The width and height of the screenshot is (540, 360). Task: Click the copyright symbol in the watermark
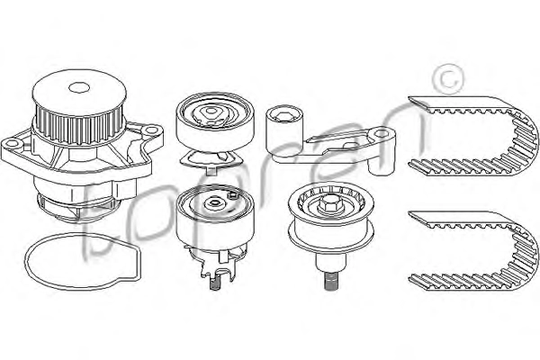(x=447, y=78)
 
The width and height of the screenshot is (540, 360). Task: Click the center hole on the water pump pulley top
(x=79, y=87)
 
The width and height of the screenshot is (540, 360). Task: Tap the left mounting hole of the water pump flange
(x=12, y=144)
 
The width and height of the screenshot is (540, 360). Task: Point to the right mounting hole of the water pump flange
(x=150, y=130)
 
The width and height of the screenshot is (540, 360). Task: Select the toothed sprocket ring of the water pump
(x=79, y=122)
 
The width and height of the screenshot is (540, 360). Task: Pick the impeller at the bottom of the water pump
(x=78, y=209)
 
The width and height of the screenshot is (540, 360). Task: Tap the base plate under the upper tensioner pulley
(x=211, y=160)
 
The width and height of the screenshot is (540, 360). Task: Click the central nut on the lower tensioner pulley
(x=214, y=202)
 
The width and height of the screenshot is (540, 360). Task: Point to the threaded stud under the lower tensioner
(x=214, y=284)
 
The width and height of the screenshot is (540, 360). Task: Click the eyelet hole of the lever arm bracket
(x=381, y=133)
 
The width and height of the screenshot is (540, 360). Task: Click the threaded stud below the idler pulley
(x=329, y=281)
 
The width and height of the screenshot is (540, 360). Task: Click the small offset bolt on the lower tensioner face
(x=233, y=195)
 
